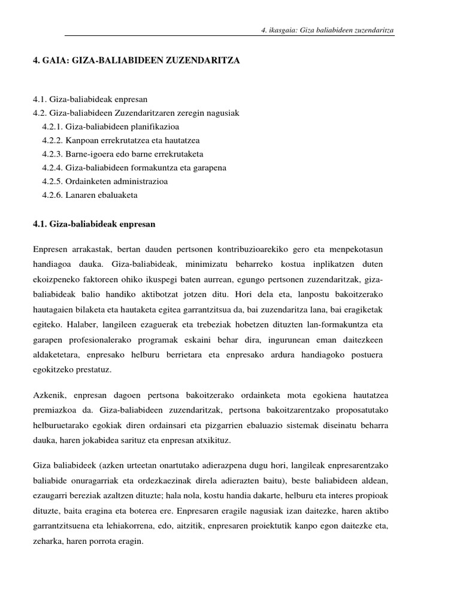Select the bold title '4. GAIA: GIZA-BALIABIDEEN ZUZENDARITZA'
(137, 61)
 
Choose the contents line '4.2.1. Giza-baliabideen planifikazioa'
(110, 127)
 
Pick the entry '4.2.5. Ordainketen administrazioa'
(105, 182)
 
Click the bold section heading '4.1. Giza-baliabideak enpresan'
(94, 224)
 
